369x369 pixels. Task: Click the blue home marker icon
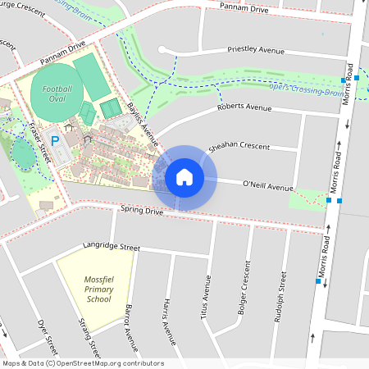(x=184, y=176)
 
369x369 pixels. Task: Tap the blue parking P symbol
(x=55, y=141)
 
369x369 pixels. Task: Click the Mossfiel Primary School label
(x=98, y=289)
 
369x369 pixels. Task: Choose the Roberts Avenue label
(x=244, y=107)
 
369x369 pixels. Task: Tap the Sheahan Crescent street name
(x=240, y=146)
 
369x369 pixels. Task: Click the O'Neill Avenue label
(x=267, y=187)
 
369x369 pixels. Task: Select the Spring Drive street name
(x=141, y=211)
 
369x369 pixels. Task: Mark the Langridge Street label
(x=112, y=246)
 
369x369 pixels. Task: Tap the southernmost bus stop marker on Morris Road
(x=318, y=281)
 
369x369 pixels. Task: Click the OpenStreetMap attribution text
(x=83, y=363)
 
